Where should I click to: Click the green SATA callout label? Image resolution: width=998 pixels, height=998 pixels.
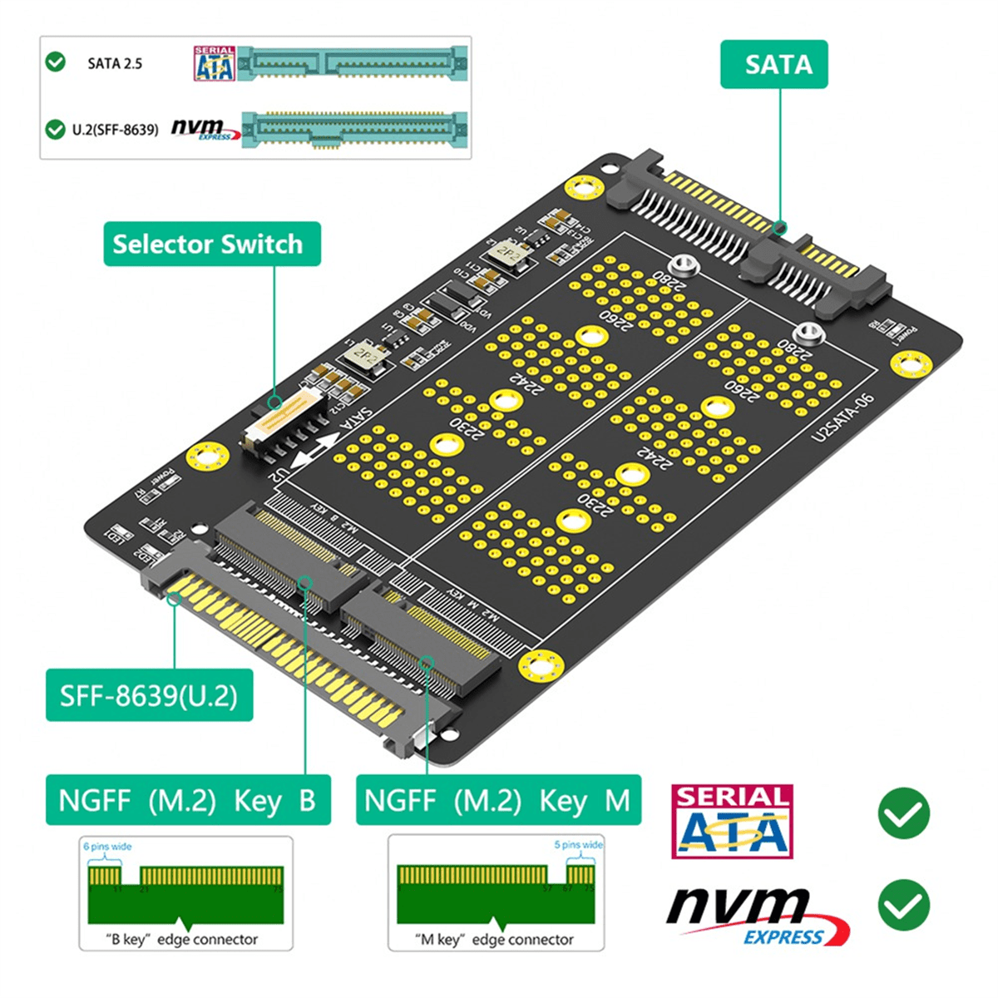[x=773, y=64]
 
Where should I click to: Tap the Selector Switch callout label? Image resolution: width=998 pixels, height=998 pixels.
[x=211, y=244]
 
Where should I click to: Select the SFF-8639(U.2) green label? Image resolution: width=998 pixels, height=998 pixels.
[x=149, y=694]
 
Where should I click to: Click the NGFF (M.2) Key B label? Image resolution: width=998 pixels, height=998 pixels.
[x=188, y=800]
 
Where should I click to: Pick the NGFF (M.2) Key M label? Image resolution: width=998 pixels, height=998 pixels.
[x=498, y=800]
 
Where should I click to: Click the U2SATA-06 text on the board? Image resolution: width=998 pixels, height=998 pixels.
[x=842, y=417]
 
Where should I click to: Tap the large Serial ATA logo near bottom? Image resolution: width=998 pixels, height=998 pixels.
[x=732, y=822]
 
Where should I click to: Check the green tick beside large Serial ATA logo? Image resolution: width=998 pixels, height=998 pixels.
[x=903, y=813]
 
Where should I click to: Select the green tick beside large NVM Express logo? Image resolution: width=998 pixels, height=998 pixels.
[x=903, y=905]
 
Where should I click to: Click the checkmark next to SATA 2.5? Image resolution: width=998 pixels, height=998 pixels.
[x=56, y=62]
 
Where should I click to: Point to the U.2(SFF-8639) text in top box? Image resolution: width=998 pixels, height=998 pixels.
[x=115, y=130]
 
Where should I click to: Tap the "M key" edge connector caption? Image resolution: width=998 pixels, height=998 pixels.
[x=495, y=939]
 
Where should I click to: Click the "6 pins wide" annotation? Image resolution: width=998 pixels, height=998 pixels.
[x=107, y=847]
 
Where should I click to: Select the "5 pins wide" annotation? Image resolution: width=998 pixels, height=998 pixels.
[x=578, y=845]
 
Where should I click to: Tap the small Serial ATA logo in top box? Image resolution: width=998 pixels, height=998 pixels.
[x=215, y=64]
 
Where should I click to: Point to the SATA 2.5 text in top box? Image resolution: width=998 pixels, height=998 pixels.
[x=115, y=63]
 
